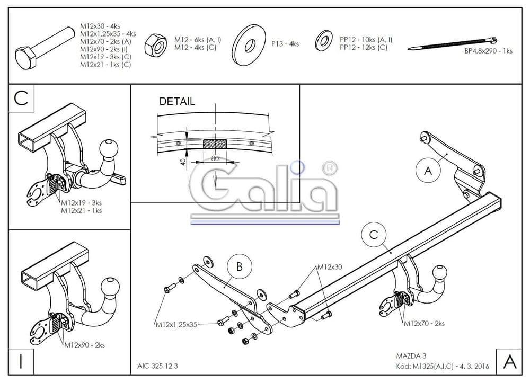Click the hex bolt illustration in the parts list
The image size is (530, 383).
(45, 48)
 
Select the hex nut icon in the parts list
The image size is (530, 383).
(155, 45)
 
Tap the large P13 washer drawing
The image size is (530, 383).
(250, 44)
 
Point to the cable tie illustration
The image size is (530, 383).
(452, 43)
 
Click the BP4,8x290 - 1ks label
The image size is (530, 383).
(488, 51)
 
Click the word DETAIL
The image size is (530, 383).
(177, 101)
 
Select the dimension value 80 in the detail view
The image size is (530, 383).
(215, 158)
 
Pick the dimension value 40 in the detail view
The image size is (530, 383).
(183, 162)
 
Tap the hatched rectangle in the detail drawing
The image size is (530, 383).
(215, 144)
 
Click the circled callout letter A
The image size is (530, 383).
(428, 170)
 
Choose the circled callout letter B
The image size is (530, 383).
(240, 266)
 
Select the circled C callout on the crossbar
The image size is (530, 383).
(374, 234)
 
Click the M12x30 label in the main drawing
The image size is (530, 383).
(329, 267)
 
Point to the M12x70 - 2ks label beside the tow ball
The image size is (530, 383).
(424, 323)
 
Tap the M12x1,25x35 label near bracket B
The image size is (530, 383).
(176, 324)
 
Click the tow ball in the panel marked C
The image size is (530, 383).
(109, 149)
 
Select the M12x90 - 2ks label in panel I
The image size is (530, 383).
(84, 345)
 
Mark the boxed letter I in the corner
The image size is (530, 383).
(21, 361)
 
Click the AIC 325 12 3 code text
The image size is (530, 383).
(157, 366)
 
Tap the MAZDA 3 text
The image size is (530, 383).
(411, 355)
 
